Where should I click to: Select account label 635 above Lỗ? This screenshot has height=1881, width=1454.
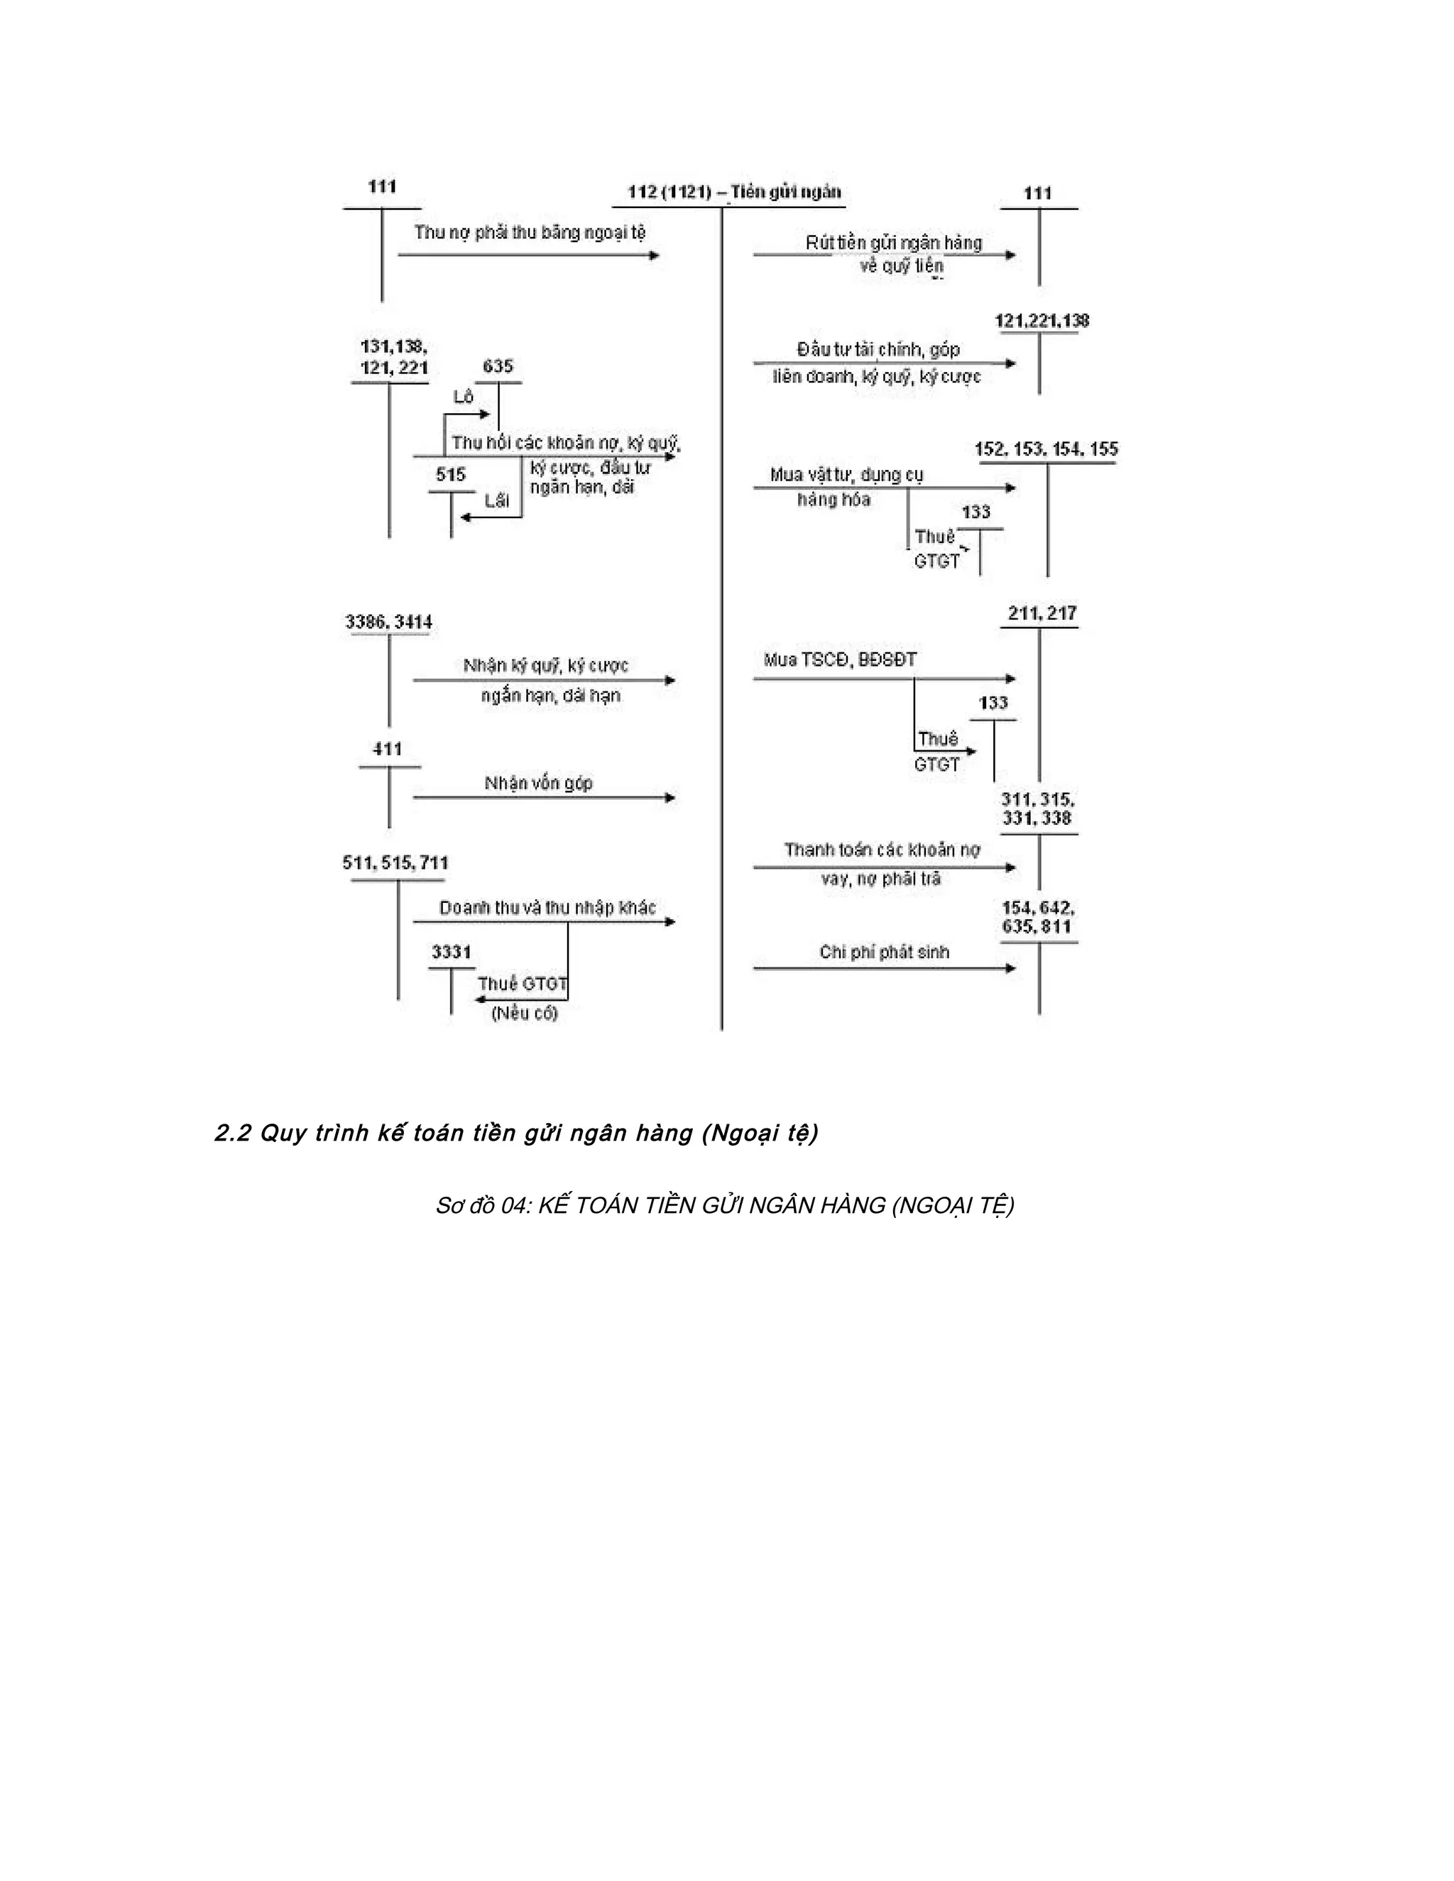click(x=498, y=366)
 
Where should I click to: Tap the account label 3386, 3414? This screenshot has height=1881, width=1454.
click(x=388, y=622)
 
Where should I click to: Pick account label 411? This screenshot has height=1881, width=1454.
click(x=388, y=750)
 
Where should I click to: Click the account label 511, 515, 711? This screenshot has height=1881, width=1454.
click(x=395, y=862)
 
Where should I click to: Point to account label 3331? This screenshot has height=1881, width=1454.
click(x=452, y=952)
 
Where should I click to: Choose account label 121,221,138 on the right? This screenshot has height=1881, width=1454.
click(x=1042, y=322)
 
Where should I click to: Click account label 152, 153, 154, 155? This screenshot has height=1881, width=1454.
click(x=1046, y=449)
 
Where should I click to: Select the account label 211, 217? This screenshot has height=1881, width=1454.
click(x=1042, y=613)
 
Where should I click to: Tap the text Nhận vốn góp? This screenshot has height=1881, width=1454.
click(x=538, y=783)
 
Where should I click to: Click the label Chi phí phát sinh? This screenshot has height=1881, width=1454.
click(x=884, y=952)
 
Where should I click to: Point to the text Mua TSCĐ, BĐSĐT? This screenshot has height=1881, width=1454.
click(x=840, y=659)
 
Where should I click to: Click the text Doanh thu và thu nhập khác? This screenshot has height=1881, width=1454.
click(x=547, y=908)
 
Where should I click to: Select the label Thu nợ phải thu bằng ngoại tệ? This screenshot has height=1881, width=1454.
click(x=530, y=233)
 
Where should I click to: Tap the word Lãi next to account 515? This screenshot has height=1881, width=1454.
click(x=497, y=500)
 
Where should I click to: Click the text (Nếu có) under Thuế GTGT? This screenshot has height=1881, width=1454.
click(x=525, y=1014)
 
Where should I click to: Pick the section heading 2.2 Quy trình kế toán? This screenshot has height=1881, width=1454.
click(x=516, y=1134)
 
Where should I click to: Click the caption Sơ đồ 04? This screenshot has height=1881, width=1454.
click(x=724, y=1206)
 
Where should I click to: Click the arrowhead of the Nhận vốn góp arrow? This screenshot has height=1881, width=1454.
click(x=670, y=798)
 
